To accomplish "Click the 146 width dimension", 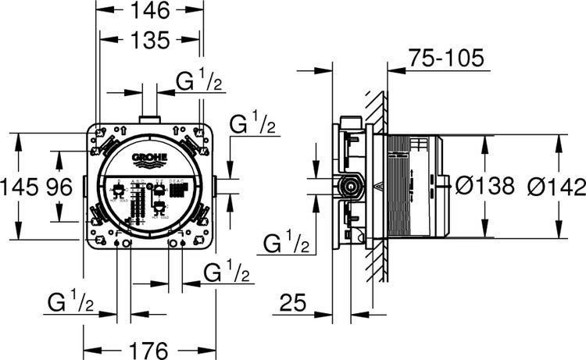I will [x=149, y=11].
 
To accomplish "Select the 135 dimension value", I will [x=149, y=38].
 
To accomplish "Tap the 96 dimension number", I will [x=61, y=187].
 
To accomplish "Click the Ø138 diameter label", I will [x=484, y=186].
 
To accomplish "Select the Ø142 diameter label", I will [x=556, y=186].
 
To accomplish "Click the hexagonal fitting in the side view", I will [x=348, y=187].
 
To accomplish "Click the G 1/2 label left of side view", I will [x=285, y=242].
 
